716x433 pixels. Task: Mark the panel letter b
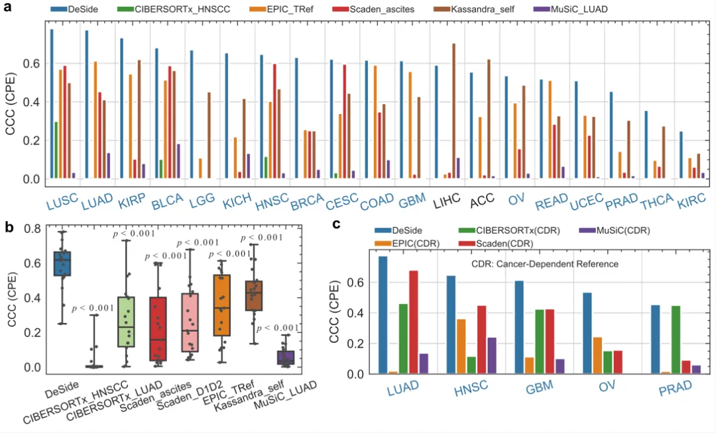[x=9, y=227]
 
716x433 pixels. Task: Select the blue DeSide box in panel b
[x=62, y=264]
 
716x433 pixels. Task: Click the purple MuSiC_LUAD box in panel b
[x=286, y=357]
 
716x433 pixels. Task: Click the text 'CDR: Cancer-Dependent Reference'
[x=532, y=264]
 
